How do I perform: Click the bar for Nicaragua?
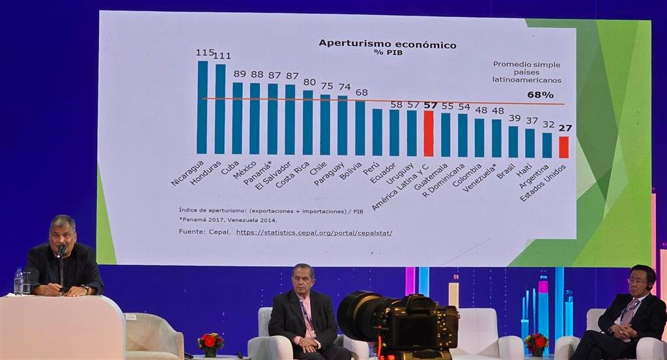[203, 107]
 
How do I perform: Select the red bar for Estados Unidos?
[563, 147]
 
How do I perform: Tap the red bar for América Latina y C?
[429, 133]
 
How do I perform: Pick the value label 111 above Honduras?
[221, 56]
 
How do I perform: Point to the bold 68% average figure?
[540, 95]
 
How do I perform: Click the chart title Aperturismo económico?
[387, 44]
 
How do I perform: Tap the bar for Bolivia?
[360, 128]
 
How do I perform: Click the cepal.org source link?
[314, 232]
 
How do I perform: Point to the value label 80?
[309, 83]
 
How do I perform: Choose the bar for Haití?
[530, 143]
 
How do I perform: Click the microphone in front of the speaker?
[61, 251]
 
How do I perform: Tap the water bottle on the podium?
[18, 282]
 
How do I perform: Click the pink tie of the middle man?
[305, 316]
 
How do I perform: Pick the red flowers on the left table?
[210, 342]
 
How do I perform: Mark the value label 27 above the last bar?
[565, 128]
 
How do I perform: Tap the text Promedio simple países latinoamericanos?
[526, 72]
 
